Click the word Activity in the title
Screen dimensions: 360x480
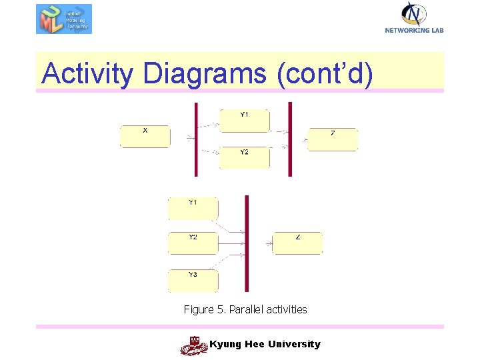tap(87, 73)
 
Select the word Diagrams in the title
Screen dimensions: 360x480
tap(204, 73)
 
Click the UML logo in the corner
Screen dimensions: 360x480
tap(64, 19)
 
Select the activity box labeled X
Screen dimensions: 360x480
tap(145, 136)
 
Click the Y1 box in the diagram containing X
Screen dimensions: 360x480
tap(245, 120)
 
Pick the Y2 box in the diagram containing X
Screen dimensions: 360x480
tap(245, 157)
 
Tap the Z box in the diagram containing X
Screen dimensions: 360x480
tap(333, 139)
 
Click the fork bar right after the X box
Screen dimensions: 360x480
tap(196, 139)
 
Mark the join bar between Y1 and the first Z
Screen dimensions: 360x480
tap(290, 139)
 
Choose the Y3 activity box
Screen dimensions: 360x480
tap(193, 281)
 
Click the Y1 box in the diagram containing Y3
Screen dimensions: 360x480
tap(193, 208)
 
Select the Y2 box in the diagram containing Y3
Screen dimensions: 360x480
tap(193, 243)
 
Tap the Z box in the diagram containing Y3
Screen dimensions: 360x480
tap(297, 243)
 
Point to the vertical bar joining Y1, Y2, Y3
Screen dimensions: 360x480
tap(247, 243)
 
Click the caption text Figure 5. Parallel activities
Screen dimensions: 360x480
tap(245, 309)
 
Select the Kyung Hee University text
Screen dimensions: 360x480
tap(265, 344)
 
